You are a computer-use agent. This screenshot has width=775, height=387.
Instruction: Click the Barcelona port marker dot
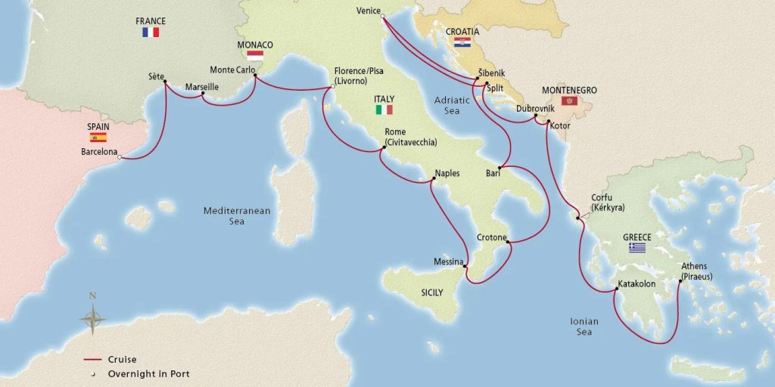[120, 157]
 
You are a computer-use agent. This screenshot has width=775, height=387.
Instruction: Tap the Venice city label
[367, 11]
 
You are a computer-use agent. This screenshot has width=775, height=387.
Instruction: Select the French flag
[151, 33]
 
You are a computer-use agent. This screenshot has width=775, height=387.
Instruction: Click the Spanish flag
[98, 137]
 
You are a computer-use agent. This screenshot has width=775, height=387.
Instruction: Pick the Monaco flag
[255, 56]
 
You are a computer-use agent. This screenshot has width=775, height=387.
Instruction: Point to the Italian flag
[384, 110]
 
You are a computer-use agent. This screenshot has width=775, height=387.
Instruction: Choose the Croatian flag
[462, 43]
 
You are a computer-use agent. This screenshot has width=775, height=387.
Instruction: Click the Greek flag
[637, 247]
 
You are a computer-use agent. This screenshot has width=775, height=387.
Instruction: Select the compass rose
[92, 317]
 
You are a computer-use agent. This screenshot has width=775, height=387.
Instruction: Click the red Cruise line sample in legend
[92, 360]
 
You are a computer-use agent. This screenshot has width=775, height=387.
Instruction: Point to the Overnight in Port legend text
[148, 373]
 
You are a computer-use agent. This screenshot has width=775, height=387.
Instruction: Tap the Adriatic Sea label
[452, 105]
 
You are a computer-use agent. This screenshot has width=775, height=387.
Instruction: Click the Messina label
[448, 262]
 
